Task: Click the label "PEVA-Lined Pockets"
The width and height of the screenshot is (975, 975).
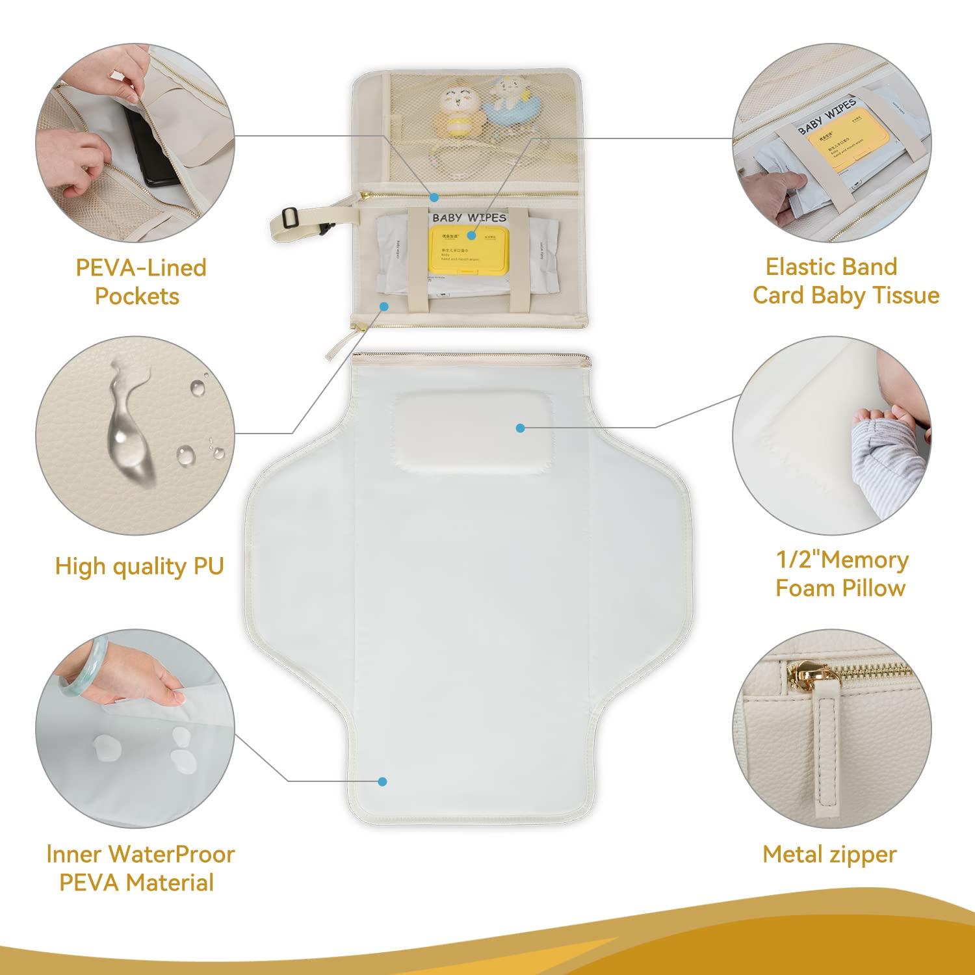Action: click(x=140, y=281)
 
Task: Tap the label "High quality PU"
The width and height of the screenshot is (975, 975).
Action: click(x=139, y=566)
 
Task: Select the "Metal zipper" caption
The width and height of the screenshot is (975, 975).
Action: click(x=829, y=854)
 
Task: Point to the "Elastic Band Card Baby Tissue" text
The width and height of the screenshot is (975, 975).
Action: click(x=846, y=281)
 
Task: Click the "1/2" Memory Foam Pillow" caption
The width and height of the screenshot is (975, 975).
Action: click(x=841, y=574)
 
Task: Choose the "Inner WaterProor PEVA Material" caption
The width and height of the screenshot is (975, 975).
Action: click(x=140, y=868)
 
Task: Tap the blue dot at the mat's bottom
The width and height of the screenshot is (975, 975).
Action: click(x=382, y=782)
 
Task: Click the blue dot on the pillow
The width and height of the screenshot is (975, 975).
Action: click(x=519, y=428)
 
